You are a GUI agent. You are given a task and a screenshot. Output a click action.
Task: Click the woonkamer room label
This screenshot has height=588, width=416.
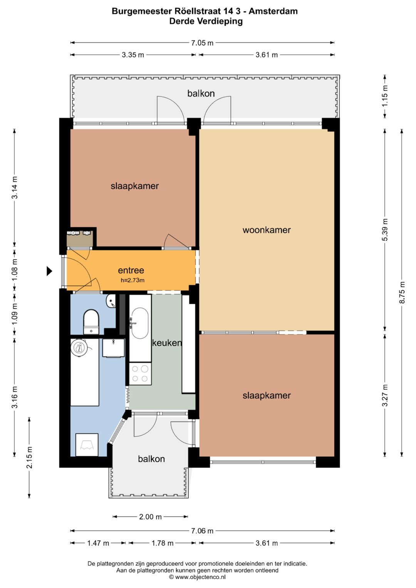tap(266, 230)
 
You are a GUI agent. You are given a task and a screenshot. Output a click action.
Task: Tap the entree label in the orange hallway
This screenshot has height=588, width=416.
tap(131, 270)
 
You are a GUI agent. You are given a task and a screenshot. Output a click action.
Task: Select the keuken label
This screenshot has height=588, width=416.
tap(167, 343)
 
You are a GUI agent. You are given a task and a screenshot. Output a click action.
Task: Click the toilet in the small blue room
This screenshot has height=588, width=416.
tap(91, 322)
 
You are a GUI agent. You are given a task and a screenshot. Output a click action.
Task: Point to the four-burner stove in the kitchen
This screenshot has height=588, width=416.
tap(140, 374)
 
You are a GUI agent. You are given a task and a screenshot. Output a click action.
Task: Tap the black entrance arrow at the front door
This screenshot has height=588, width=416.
tap(49, 271)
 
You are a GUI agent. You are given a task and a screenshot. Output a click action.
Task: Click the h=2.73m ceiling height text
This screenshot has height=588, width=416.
tap(133, 280)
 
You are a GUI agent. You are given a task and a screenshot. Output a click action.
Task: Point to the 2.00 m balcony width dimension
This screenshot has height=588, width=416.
tap(150, 517)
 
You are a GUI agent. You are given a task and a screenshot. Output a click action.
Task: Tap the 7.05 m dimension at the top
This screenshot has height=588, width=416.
tap(202, 43)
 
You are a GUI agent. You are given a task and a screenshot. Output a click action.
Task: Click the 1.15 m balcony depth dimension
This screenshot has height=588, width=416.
tap(385, 96)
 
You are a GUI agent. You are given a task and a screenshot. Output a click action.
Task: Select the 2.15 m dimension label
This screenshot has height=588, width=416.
tap(29, 457)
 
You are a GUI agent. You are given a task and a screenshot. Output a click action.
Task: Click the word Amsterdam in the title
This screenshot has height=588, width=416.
tap(273, 11)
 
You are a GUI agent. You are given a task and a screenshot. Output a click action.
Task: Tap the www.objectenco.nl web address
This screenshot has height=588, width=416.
tap(200, 577)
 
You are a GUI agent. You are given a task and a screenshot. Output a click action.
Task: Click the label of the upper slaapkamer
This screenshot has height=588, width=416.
tap(134, 186)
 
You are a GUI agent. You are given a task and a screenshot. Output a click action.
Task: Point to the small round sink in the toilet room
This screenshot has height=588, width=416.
tap(111, 301)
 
